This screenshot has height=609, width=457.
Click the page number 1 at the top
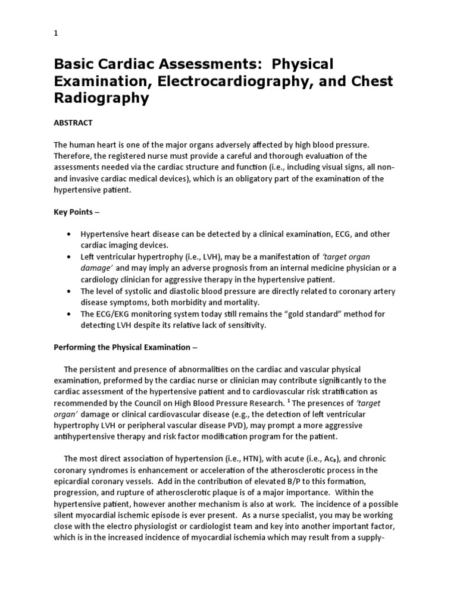coord(56,34)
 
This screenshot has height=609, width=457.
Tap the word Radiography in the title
coord(101,98)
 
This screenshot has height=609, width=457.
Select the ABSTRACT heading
coord(74,122)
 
